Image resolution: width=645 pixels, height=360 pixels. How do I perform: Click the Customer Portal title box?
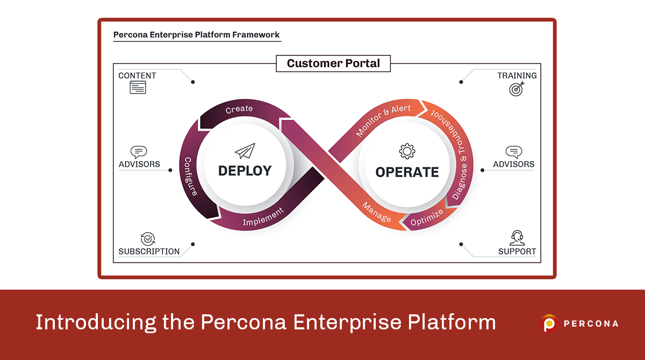point(333,63)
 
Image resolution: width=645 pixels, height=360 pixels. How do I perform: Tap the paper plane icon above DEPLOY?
point(245,151)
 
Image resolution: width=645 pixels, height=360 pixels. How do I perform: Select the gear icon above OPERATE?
point(407,151)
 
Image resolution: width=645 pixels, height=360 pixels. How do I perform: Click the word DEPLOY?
point(245,171)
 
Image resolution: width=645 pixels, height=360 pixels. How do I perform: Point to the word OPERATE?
point(407,172)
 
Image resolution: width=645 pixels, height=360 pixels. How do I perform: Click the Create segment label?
point(239,109)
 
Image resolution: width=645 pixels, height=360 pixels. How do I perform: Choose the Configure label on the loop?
point(191,176)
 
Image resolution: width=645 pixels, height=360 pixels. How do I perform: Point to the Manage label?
point(377,212)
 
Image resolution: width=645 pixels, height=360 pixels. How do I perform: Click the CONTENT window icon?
point(138,88)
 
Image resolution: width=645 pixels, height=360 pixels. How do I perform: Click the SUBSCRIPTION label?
point(149,251)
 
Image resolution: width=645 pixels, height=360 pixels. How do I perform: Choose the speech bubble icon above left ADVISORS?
point(139,152)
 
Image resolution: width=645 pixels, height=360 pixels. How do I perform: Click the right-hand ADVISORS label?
point(514,164)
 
